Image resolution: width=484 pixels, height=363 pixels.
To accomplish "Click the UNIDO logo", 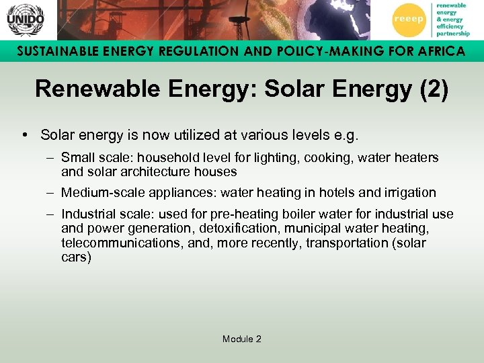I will coord(25,19).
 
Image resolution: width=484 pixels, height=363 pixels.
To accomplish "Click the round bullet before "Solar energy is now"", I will coord(24,135).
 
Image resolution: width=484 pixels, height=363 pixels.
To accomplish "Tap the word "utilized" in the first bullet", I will coord(198,135).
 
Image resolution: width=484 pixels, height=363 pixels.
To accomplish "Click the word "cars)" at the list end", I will coord(76,257).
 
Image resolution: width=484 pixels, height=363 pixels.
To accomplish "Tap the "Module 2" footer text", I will coord(241,339).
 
